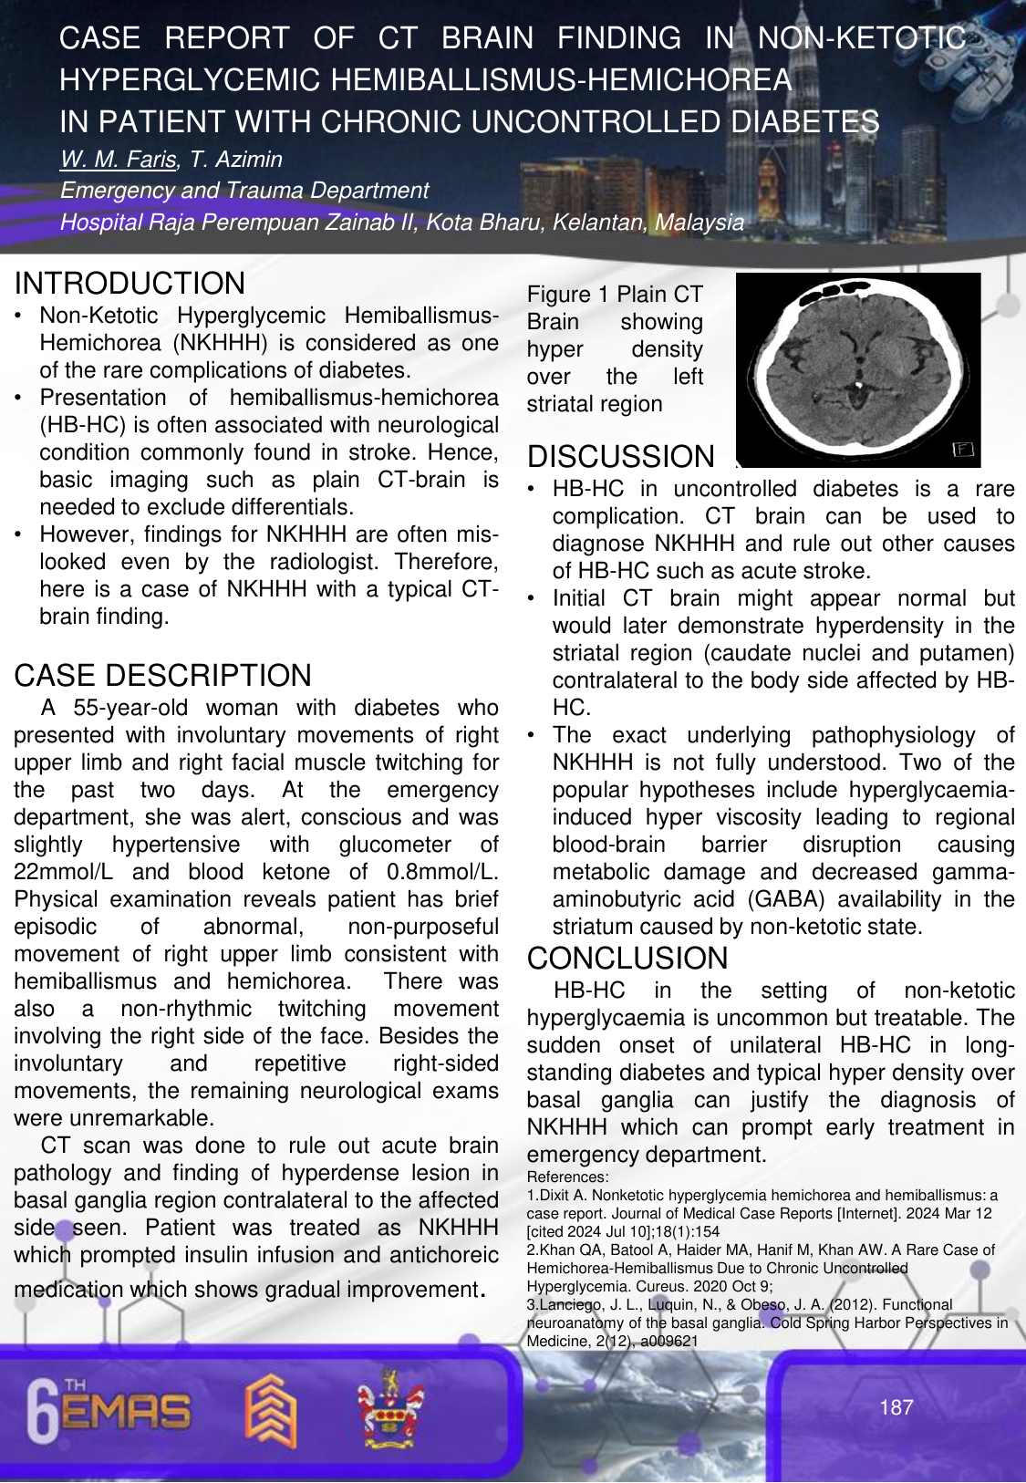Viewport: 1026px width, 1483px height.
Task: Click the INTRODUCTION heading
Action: pos(130,284)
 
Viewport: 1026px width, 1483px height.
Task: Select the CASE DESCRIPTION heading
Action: pos(162,676)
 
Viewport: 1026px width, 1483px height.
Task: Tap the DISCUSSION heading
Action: pos(621,457)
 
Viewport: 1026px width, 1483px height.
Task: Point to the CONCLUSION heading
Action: pos(627,959)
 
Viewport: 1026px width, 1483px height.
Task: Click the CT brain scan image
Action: pos(857,369)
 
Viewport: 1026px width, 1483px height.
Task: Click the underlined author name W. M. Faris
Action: pos(118,160)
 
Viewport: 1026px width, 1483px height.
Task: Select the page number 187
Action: pos(896,1407)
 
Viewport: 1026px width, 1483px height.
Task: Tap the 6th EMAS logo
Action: pos(109,1411)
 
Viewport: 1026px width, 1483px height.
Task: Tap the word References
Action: pos(566,1177)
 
